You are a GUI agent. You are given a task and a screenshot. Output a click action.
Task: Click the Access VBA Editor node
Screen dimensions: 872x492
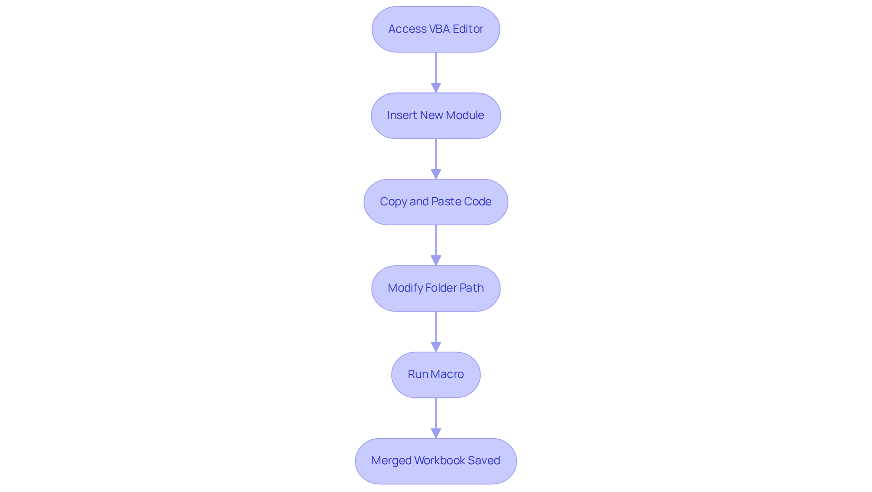tap(436, 29)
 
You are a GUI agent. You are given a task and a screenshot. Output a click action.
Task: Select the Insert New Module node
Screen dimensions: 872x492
tap(436, 115)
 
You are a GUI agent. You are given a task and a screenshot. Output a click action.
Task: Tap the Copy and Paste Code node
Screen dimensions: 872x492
tap(436, 202)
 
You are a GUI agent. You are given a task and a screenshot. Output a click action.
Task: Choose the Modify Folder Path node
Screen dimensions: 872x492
tap(436, 288)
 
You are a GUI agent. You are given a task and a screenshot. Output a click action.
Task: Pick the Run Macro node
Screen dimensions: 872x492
tap(436, 374)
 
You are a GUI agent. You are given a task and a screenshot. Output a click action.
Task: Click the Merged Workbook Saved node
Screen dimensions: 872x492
tap(436, 461)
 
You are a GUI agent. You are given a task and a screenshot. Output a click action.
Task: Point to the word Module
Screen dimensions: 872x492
tap(465, 115)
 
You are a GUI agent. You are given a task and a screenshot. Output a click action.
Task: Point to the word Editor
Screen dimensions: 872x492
tap(468, 29)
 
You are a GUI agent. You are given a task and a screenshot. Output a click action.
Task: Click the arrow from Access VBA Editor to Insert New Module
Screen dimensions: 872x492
tap(436, 73)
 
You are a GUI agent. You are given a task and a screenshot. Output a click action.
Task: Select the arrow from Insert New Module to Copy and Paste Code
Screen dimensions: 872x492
tap(436, 159)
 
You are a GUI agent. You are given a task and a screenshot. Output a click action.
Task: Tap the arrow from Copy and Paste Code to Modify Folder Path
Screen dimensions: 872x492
tap(436, 245)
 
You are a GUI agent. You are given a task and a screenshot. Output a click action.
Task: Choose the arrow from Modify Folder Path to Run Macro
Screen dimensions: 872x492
tap(436, 332)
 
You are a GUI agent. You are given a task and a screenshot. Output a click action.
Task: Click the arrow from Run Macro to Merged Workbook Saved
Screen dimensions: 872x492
tap(436, 418)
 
